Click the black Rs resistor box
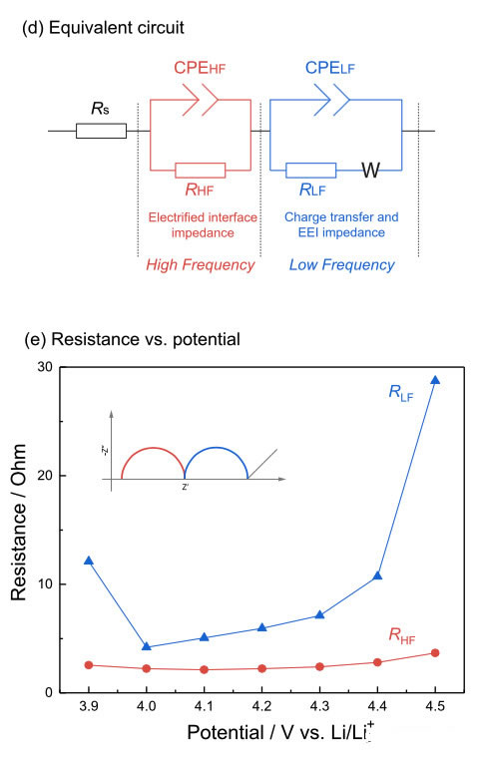tap(101, 131)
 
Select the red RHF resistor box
tap(200, 171)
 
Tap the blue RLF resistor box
tap(310, 171)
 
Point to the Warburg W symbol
tap(371, 171)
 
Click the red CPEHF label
tap(200, 68)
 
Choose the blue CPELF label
tap(329, 68)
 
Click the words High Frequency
tap(201, 264)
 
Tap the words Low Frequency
tap(342, 264)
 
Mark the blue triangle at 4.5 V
tap(435, 380)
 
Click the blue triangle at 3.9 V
tap(89, 561)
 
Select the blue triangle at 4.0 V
tap(147, 646)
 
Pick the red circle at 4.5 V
tap(435, 653)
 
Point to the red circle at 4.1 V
tap(205, 669)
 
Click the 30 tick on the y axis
tap(45, 367)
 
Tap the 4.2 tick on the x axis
tap(261, 706)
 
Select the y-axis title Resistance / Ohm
tap(18, 523)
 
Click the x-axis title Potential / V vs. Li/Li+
tap(280, 731)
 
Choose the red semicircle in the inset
tap(153, 448)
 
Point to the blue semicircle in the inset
tap(217, 448)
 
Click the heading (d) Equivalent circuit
tap(103, 28)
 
